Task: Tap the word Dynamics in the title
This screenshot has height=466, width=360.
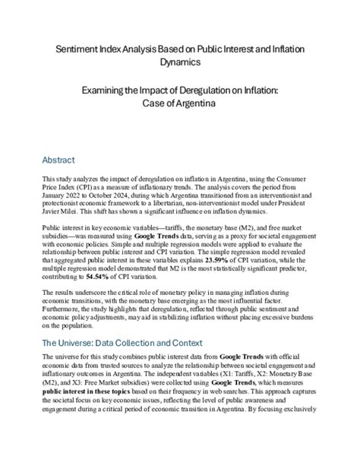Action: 180,62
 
